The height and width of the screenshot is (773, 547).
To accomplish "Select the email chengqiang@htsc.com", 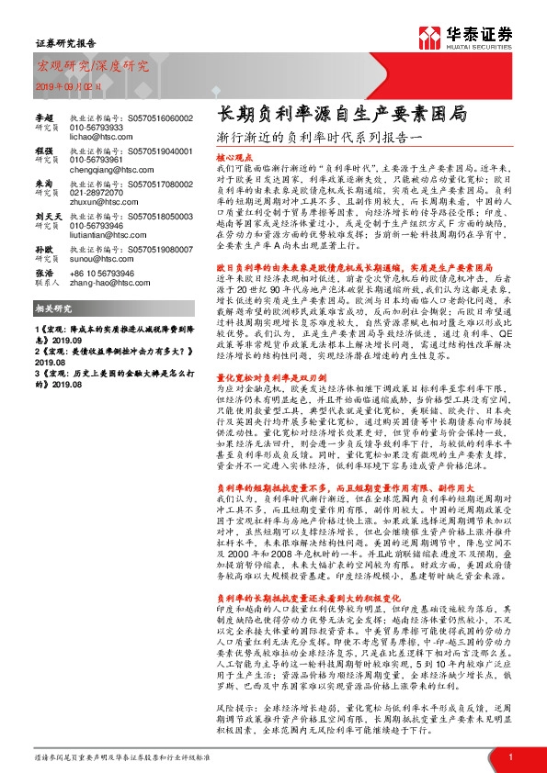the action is [104, 169].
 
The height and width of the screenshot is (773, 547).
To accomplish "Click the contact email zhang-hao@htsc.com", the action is [103, 284].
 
